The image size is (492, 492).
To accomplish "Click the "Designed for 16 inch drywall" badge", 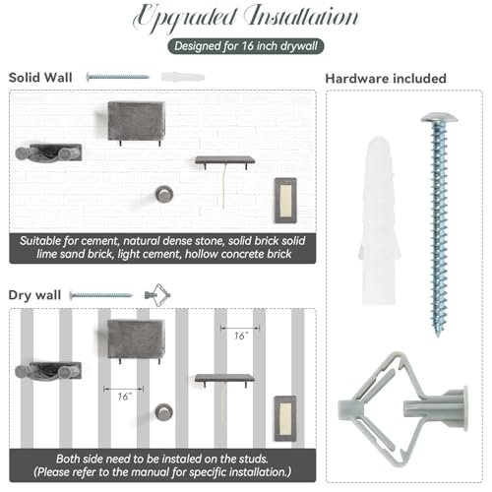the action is click(x=246, y=46).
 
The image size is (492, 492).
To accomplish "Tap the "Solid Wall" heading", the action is click(x=40, y=78).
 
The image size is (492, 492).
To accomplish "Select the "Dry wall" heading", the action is click(x=34, y=295).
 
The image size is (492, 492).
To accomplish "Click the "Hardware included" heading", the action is click(x=386, y=79).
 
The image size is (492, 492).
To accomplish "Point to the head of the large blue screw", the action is click(x=439, y=117).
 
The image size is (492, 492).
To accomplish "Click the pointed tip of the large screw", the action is click(x=438, y=335).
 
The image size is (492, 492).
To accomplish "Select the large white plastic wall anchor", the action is click(x=379, y=220).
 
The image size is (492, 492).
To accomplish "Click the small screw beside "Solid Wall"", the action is click(x=118, y=77).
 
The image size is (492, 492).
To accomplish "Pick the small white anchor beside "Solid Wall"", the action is click(x=183, y=77).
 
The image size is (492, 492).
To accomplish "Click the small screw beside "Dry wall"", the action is click(x=101, y=295).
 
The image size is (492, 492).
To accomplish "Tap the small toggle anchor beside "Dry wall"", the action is click(x=157, y=295).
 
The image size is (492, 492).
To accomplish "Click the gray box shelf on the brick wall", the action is click(x=136, y=121).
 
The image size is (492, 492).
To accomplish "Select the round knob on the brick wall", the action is click(x=164, y=194).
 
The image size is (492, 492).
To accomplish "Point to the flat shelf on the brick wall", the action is click(x=225, y=160).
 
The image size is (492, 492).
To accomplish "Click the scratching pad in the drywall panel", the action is click(x=285, y=418).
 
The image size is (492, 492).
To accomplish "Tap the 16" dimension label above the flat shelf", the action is click(x=241, y=336).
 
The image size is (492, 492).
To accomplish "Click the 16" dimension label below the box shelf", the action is click(x=125, y=397).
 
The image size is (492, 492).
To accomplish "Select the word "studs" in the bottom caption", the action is click(x=252, y=459).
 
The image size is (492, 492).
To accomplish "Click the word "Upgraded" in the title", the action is click(x=185, y=17).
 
